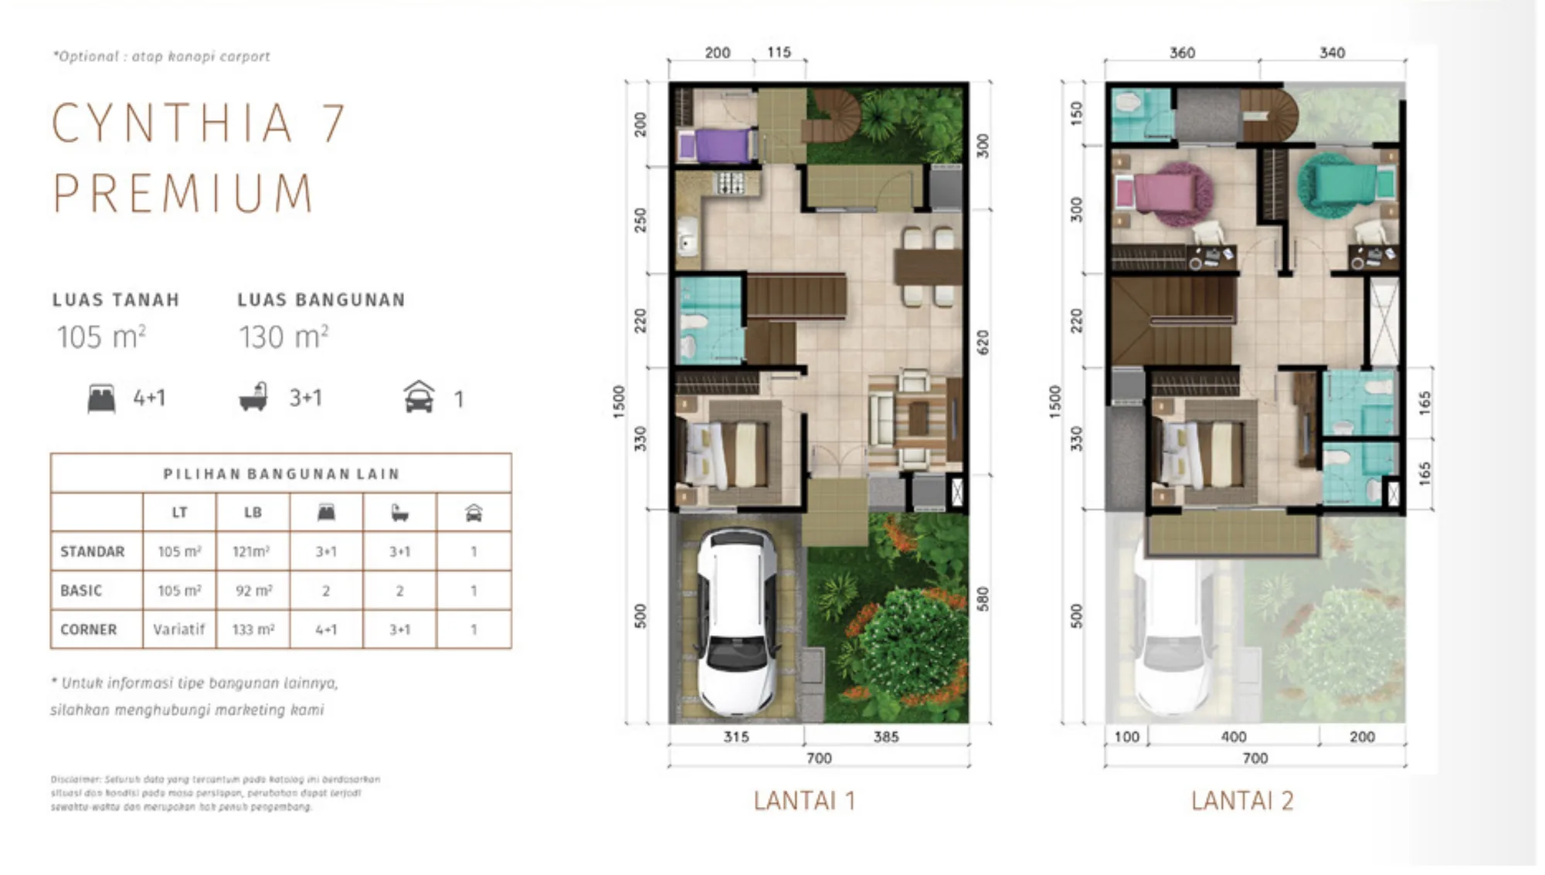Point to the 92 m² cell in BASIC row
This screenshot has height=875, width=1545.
pyautogui.click(x=253, y=591)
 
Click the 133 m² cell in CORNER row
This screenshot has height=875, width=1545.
pyautogui.click(x=253, y=629)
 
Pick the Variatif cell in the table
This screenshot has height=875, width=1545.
pyautogui.click(x=178, y=629)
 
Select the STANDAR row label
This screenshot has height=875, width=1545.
pyautogui.click(x=93, y=551)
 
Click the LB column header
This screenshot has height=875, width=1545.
pyautogui.click(x=253, y=512)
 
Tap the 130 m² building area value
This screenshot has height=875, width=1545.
pyautogui.click(x=283, y=337)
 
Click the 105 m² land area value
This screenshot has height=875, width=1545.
pyautogui.click(x=101, y=337)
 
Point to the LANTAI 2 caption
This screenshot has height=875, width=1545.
pyautogui.click(x=1241, y=801)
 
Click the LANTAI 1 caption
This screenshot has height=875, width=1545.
pyautogui.click(x=804, y=801)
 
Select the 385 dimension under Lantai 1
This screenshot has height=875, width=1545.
pyautogui.click(x=885, y=737)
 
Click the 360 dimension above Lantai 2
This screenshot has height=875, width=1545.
pyautogui.click(x=1182, y=53)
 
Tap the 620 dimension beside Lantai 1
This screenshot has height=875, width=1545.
pyautogui.click(x=982, y=342)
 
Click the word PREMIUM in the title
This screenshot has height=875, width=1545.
pyautogui.click(x=184, y=193)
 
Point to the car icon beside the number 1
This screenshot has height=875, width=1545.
pyautogui.click(x=419, y=398)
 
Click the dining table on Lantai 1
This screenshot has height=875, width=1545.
pyautogui.click(x=928, y=266)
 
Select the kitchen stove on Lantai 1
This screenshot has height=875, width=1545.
pyautogui.click(x=730, y=184)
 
